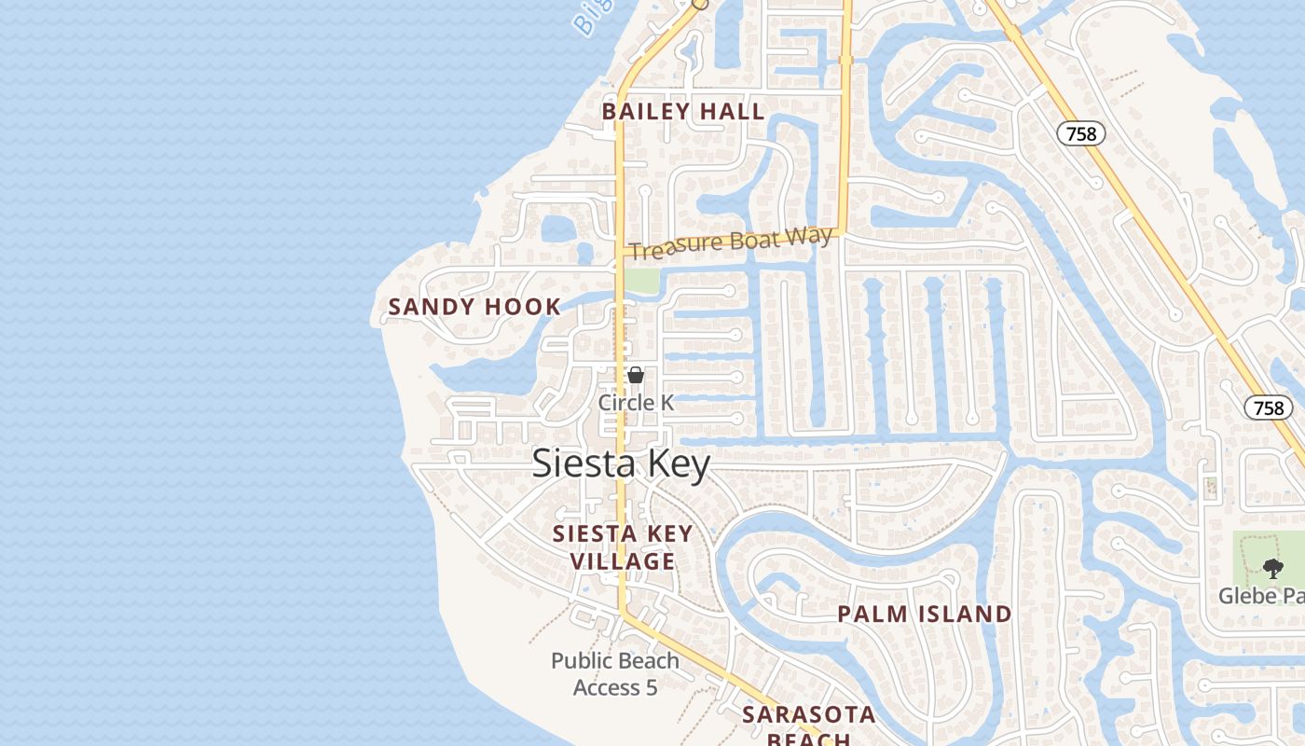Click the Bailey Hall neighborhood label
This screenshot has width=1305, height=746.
click(682, 112)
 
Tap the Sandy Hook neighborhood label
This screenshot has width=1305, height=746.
click(474, 307)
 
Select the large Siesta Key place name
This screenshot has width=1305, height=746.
click(621, 463)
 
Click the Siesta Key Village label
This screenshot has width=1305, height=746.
click(623, 547)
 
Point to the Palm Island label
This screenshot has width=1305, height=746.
click(924, 615)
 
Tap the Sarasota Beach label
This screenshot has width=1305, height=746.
click(808, 726)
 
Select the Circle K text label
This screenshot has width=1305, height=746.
click(636, 403)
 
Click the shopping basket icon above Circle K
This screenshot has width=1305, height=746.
click(636, 376)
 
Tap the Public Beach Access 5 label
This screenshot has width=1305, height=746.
click(615, 674)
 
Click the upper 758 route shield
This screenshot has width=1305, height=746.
click(1081, 134)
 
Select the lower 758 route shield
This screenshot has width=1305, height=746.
click(1269, 408)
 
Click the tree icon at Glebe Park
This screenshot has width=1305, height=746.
click(1273, 568)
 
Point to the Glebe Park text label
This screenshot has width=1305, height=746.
click(1262, 595)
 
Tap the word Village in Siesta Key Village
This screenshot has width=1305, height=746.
click(623, 561)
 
